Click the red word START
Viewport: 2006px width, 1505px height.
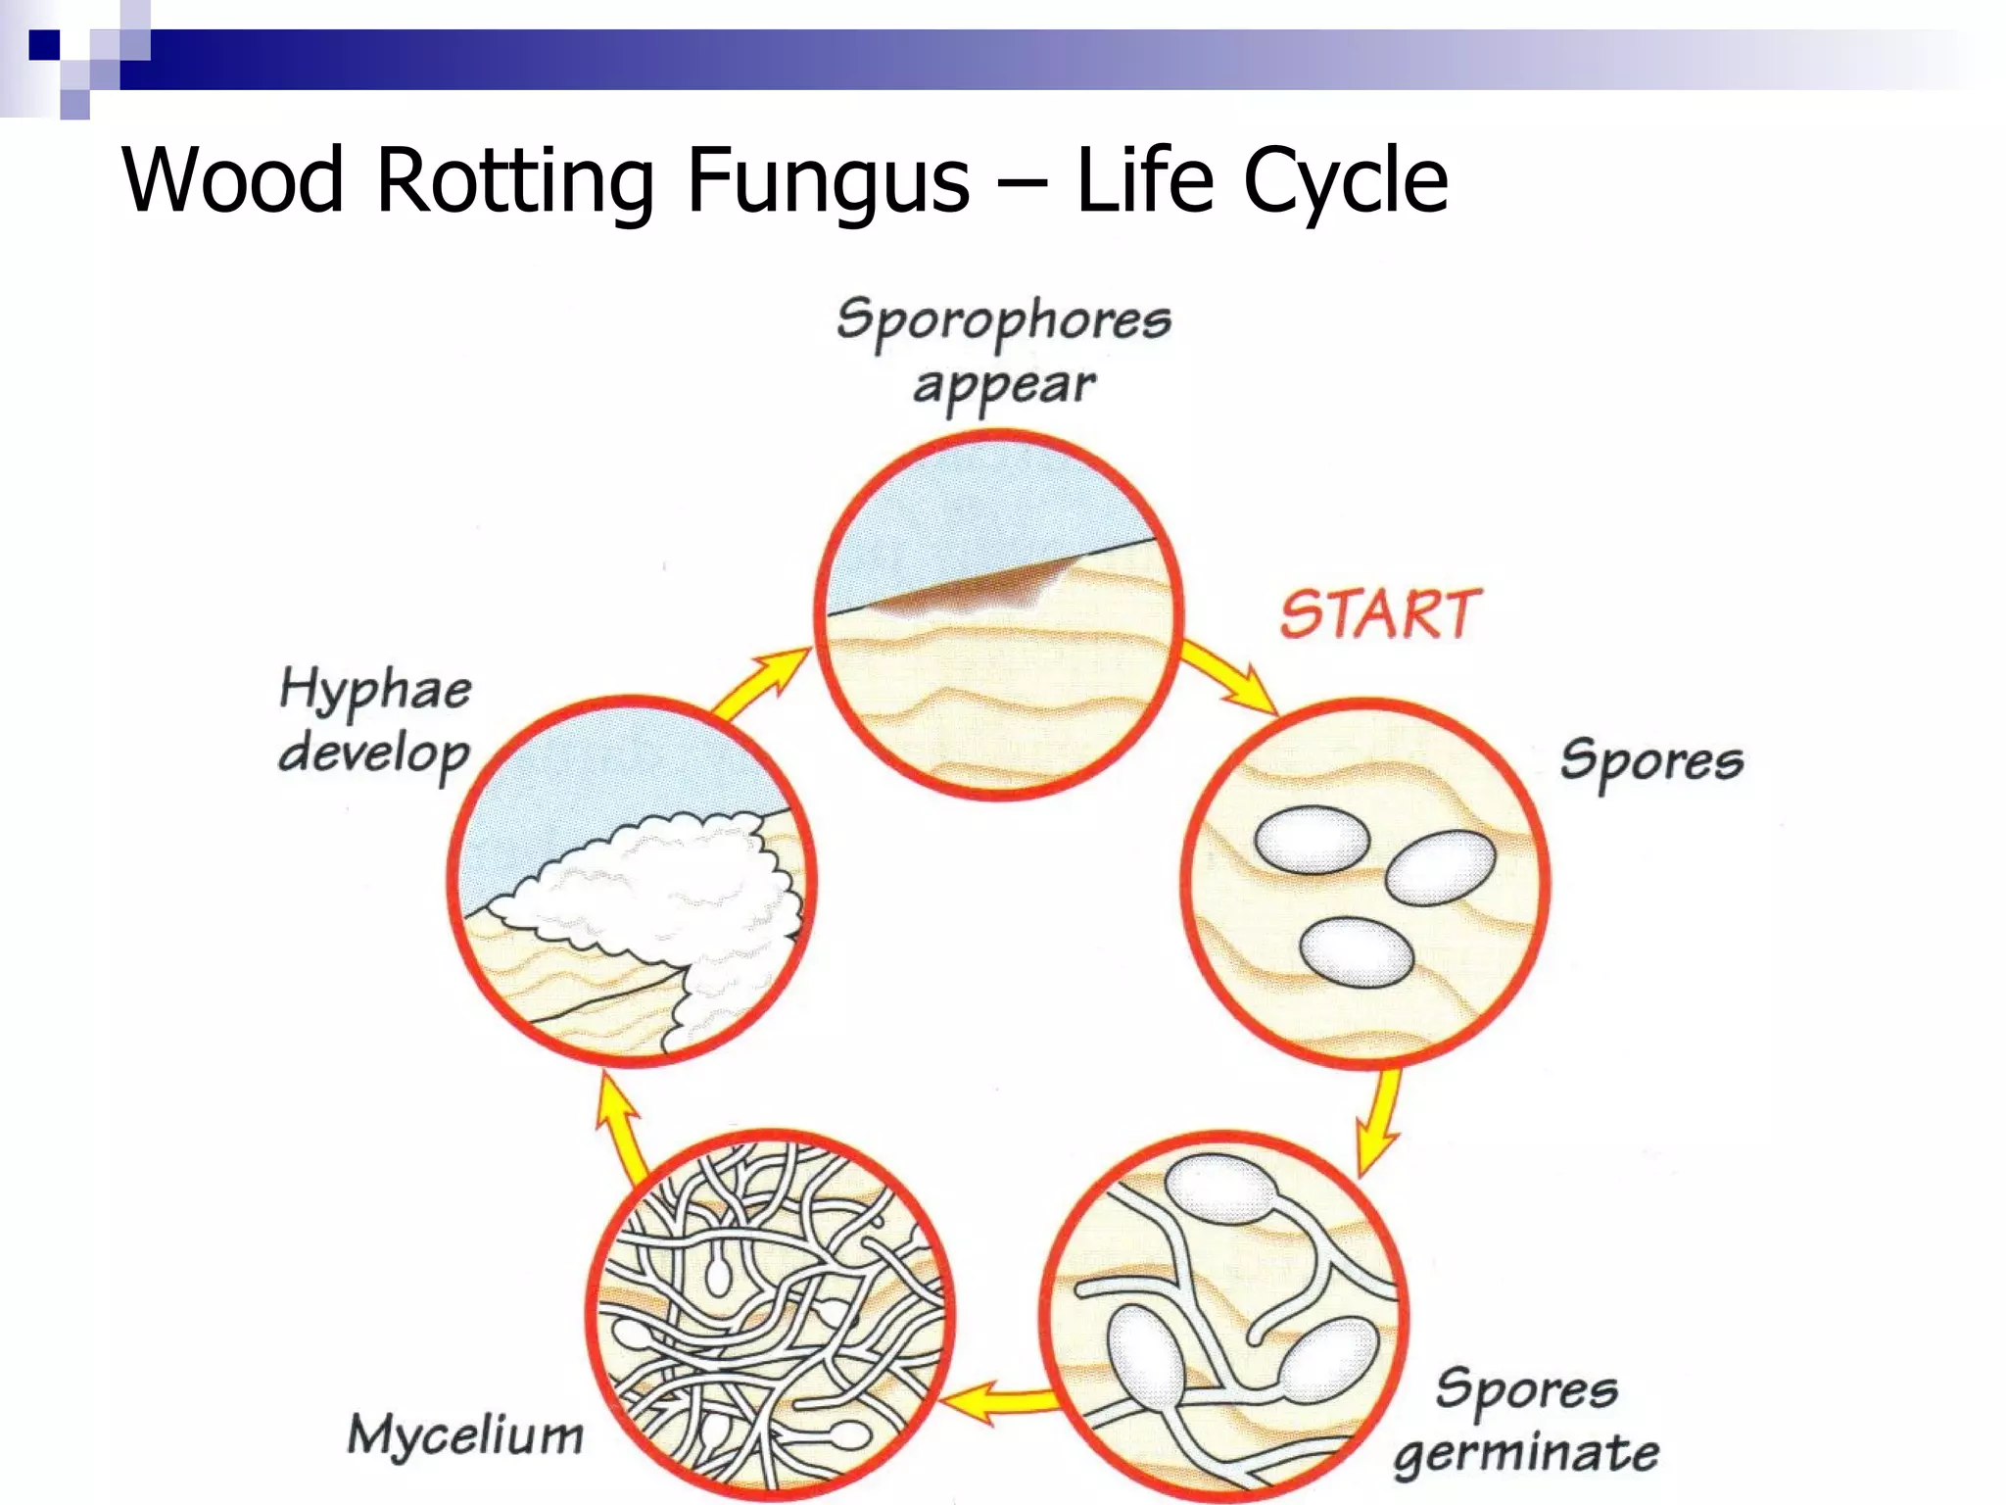coord(1380,614)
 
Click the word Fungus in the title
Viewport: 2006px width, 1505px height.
coord(828,179)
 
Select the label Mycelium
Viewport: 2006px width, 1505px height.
coord(465,1434)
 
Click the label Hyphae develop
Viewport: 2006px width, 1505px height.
coord(375,721)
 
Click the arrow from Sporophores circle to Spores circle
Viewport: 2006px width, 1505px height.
coord(1230,677)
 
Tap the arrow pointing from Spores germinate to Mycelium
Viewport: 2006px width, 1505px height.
coord(999,1401)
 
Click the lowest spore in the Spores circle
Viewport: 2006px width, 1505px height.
coord(1357,951)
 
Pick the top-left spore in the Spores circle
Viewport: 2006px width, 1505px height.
coord(1312,840)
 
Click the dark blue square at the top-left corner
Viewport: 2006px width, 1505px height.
coord(45,45)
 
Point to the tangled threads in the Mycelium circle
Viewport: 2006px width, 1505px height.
coord(769,1313)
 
